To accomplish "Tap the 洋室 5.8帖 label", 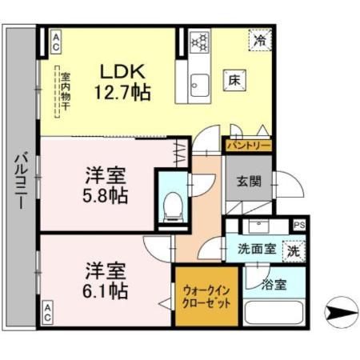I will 105,183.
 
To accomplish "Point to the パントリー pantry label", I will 246,146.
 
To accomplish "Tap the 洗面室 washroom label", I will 257,249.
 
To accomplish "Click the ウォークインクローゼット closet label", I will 206,298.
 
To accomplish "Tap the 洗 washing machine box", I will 294,250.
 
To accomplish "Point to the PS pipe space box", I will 299,226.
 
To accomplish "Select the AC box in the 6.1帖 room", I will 49,314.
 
